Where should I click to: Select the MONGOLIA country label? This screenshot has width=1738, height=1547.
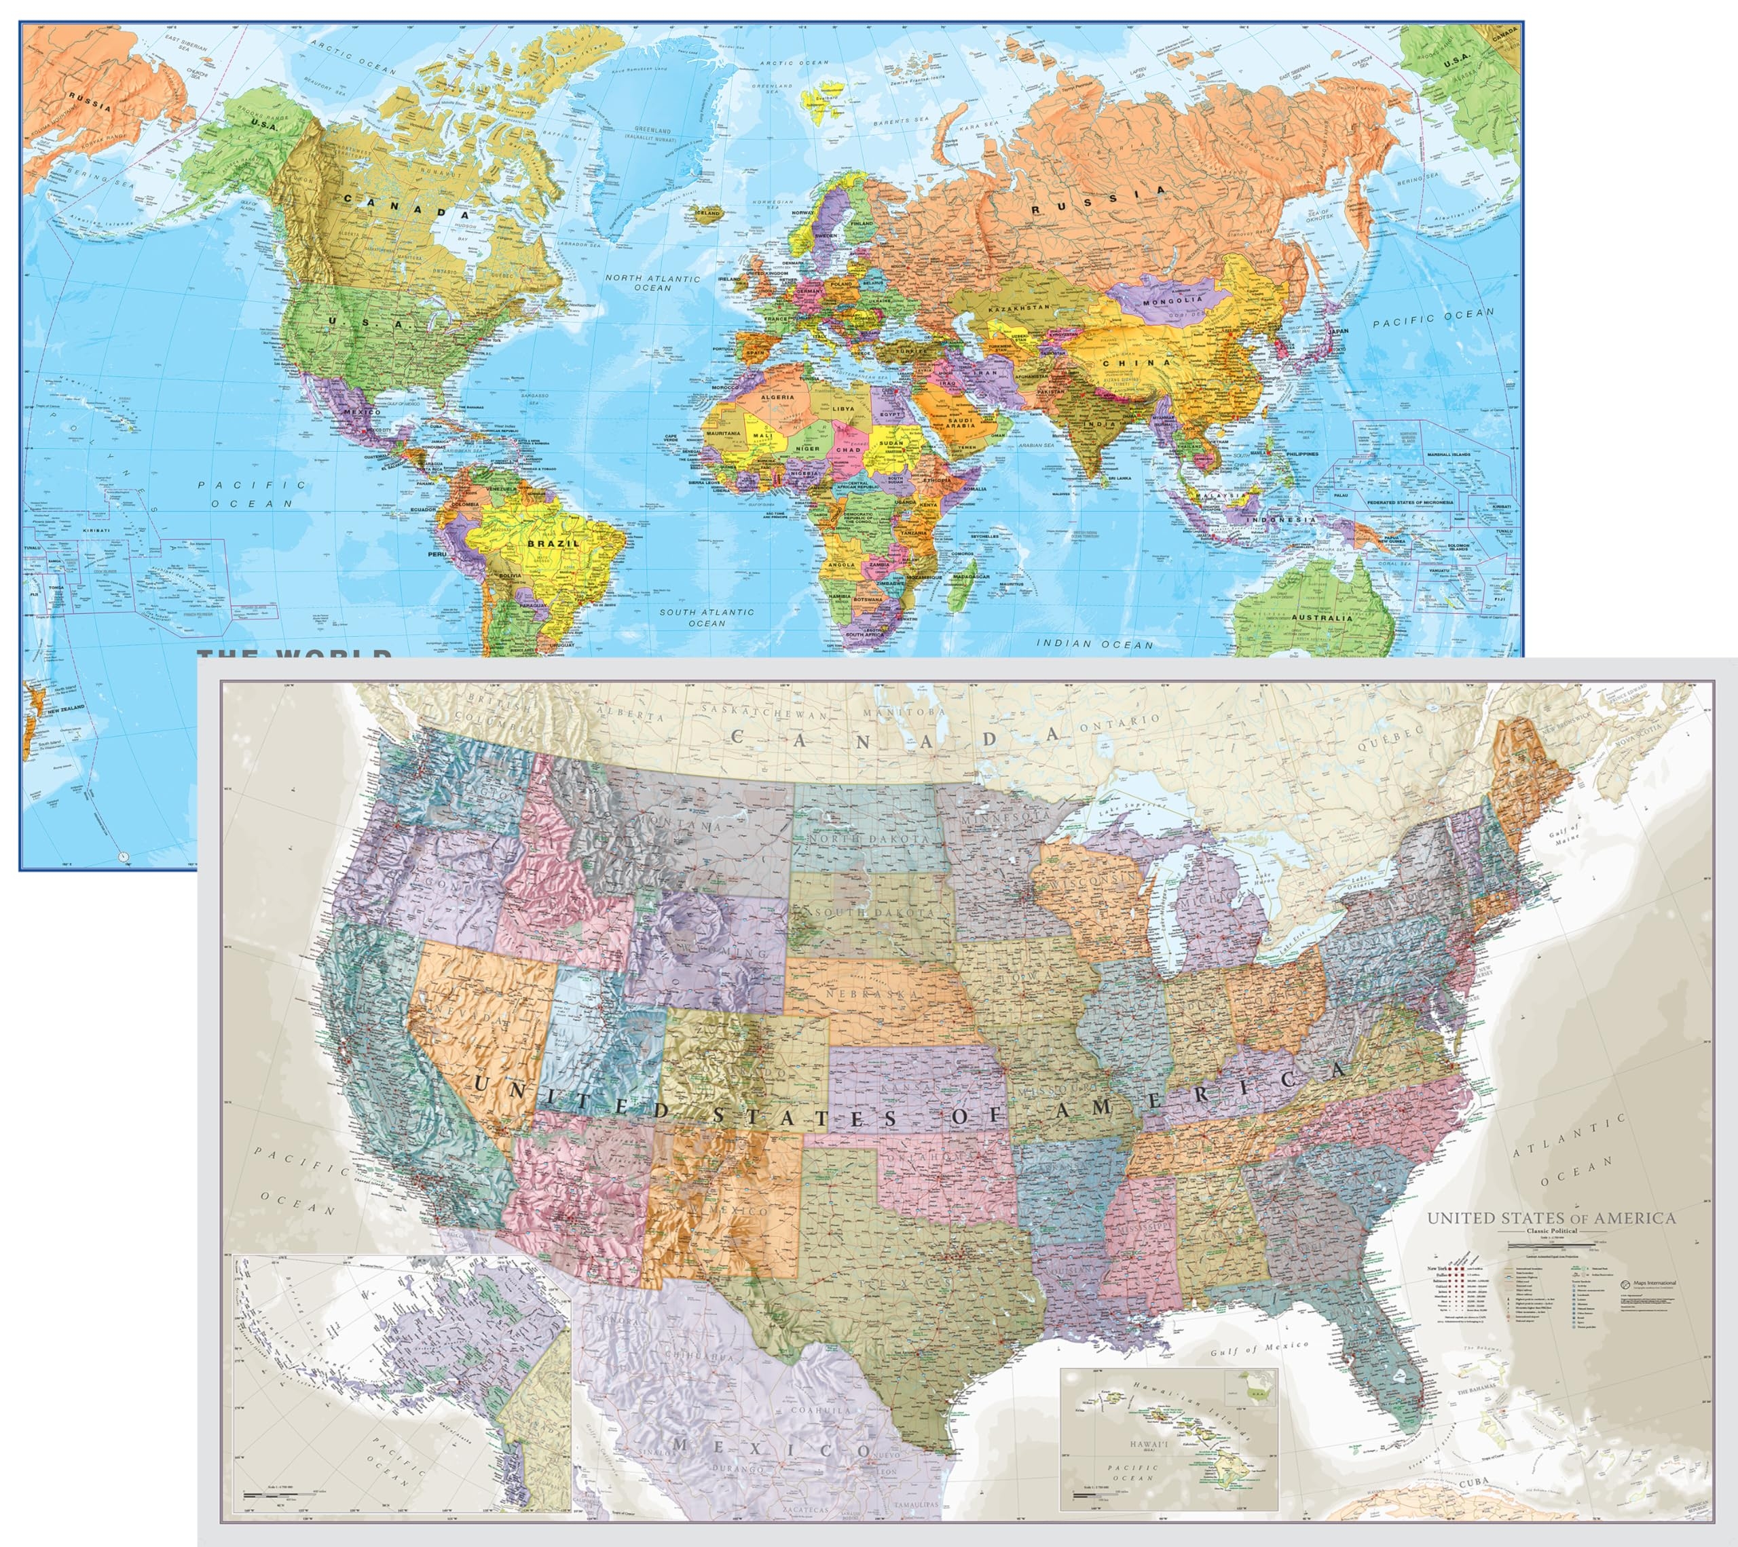pyautogui.click(x=1172, y=300)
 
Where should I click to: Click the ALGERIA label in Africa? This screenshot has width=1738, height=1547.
pyautogui.click(x=777, y=397)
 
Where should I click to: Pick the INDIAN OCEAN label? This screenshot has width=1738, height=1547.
pyautogui.click(x=1094, y=645)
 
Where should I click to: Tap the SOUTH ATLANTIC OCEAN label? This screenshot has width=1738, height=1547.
pyautogui.click(x=707, y=617)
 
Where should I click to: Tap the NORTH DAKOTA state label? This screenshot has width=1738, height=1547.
pyautogui.click(x=869, y=839)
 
